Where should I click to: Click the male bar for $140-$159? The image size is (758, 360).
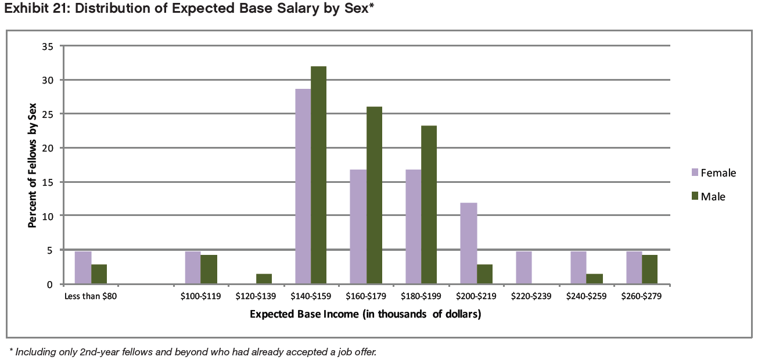[318, 175]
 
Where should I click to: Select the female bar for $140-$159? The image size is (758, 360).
[303, 186]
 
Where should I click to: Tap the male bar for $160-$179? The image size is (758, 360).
[373, 196]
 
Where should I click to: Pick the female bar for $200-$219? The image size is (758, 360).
[468, 244]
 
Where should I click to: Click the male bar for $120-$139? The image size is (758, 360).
[264, 279]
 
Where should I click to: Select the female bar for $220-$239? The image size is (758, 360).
[523, 268]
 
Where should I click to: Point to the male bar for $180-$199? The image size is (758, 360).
[429, 205]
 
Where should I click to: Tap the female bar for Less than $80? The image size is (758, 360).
[83, 268]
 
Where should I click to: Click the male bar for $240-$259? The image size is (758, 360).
[595, 279]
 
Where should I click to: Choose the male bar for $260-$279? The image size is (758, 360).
[649, 270]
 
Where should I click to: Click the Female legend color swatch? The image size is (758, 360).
[694, 172]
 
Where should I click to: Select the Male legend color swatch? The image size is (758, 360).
[694, 196]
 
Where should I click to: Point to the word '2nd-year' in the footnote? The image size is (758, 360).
[101, 351]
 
